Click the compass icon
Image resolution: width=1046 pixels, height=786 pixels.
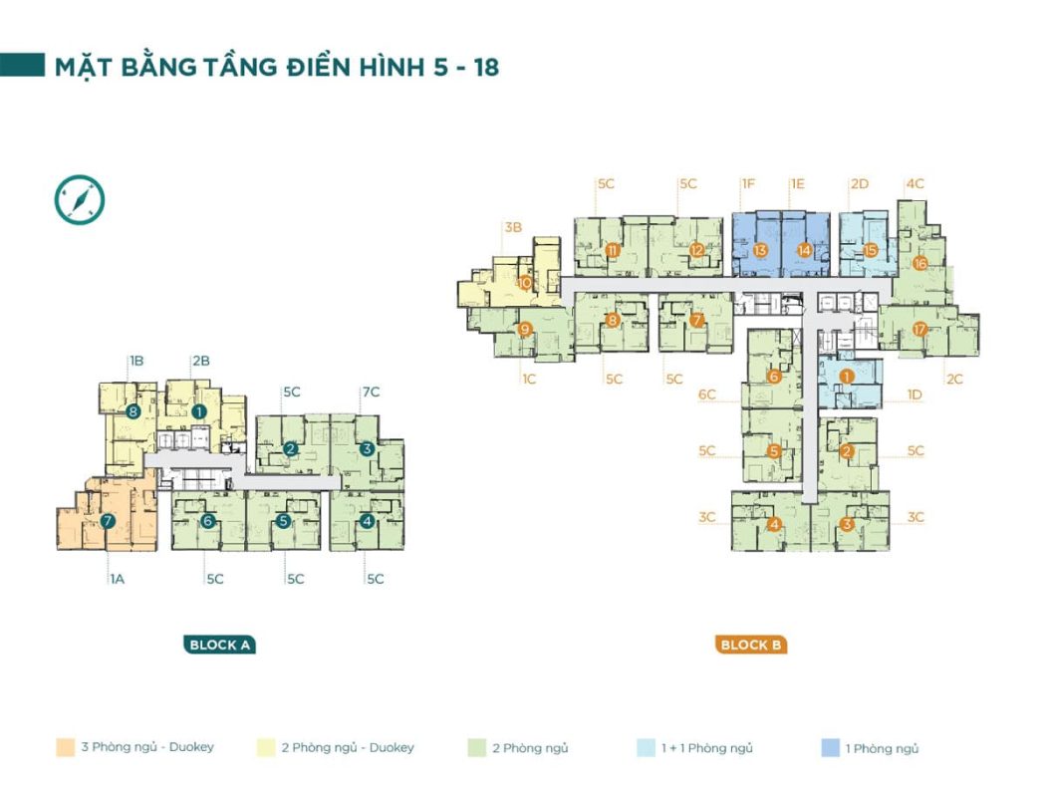[x=80, y=200]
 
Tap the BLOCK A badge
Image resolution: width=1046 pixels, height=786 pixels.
[x=219, y=645]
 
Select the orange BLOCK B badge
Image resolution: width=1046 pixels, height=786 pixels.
[x=750, y=645]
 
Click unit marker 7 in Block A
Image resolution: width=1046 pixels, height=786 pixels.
[x=108, y=522]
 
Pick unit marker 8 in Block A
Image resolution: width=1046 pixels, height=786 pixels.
[x=132, y=411]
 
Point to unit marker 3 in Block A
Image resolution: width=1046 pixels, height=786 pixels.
[x=367, y=449]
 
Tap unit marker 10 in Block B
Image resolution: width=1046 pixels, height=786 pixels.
[x=525, y=283]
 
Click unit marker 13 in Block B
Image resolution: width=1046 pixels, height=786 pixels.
[x=760, y=250]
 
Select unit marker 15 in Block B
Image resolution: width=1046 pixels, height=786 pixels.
[x=870, y=250]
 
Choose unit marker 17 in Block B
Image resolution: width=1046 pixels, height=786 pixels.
[x=919, y=329]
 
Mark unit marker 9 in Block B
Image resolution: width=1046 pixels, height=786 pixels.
[x=525, y=329]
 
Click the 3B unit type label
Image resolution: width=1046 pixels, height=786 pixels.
[x=513, y=227]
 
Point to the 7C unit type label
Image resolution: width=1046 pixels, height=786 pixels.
[x=371, y=393]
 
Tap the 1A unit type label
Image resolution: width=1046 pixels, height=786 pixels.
[x=118, y=579]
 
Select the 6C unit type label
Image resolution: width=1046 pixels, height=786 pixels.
[x=707, y=394]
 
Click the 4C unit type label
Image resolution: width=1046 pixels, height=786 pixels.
[x=915, y=183]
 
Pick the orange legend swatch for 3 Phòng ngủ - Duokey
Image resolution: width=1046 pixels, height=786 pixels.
[x=66, y=747]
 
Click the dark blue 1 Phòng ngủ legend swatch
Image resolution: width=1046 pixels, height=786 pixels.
[x=830, y=748]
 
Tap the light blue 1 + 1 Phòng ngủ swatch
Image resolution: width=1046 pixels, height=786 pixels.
[x=646, y=748]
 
